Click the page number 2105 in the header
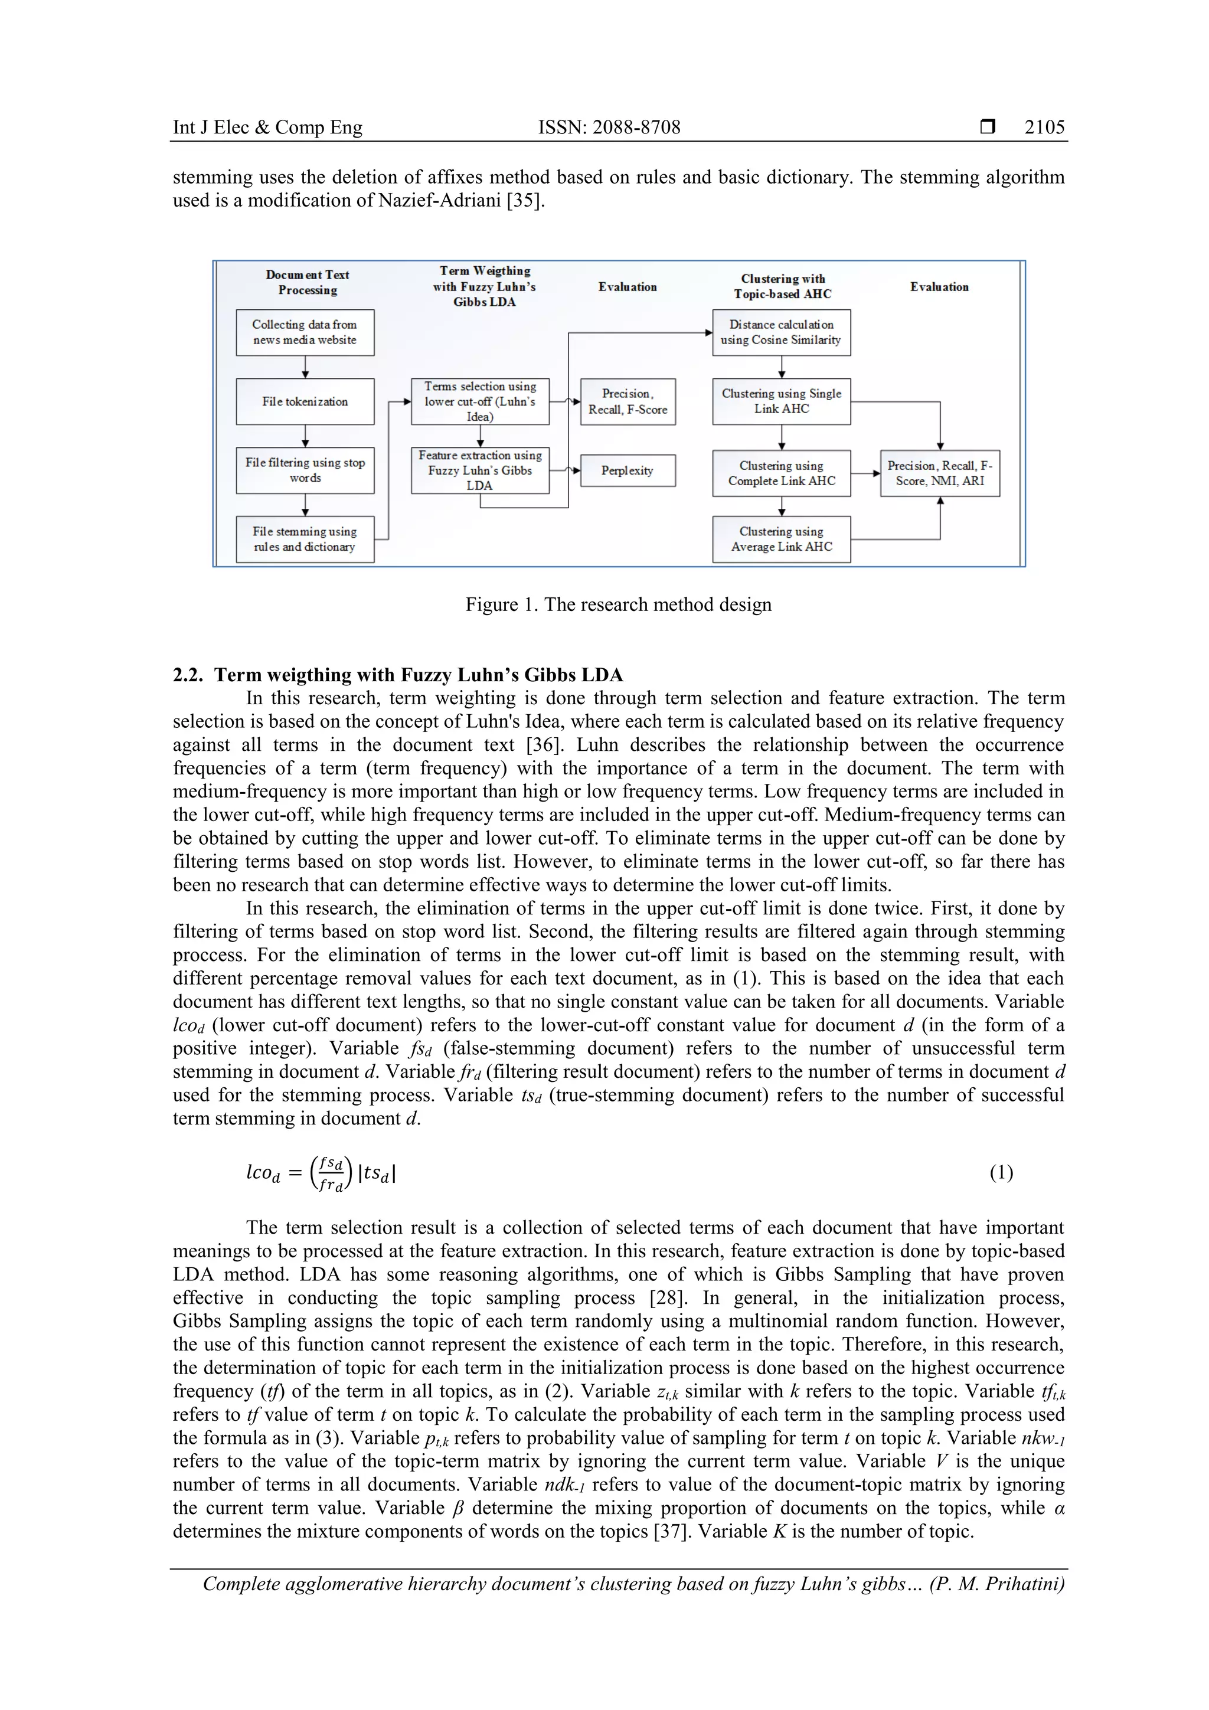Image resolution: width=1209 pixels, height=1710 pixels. pyautogui.click(x=1044, y=127)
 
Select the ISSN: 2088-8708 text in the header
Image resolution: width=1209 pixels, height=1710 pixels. pyautogui.click(x=609, y=127)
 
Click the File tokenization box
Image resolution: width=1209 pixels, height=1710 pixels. pyautogui.click(x=305, y=401)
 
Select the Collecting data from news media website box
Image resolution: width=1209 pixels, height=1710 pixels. pyautogui.click(x=305, y=332)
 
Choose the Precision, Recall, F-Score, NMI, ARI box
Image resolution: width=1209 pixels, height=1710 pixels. pyautogui.click(x=939, y=473)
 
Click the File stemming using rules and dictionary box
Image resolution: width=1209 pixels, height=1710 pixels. pyautogui.click(x=305, y=540)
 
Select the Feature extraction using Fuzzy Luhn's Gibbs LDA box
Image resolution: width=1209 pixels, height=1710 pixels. pyautogui.click(x=480, y=470)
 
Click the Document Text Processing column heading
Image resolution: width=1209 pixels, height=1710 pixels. pyautogui.click(x=307, y=282)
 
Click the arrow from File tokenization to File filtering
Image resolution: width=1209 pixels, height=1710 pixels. pyautogui.click(x=305, y=436)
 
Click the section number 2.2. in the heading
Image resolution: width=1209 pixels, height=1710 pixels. pyautogui.click(x=188, y=675)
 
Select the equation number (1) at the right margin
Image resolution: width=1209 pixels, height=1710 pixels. pyautogui.click(x=1001, y=1173)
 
